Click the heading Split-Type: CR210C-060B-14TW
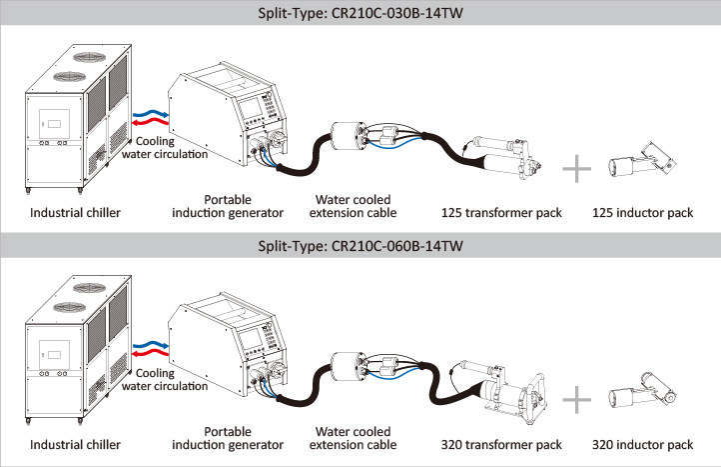360,244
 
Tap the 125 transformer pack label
501,213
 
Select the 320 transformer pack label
501,444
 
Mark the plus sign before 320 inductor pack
577,399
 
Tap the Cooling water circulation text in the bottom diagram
165,381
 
